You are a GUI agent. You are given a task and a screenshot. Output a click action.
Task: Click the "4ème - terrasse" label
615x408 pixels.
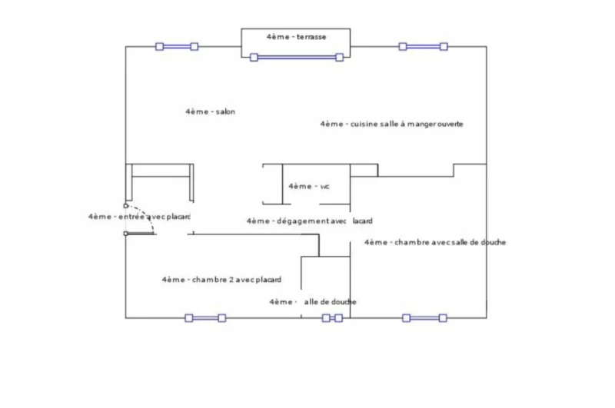coord(296,37)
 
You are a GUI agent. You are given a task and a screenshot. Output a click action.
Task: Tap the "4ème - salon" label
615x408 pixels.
coord(210,112)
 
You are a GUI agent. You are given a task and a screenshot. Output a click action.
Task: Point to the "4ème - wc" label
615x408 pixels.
coord(309,186)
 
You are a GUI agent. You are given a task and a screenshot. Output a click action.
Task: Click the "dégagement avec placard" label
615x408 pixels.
coord(309,221)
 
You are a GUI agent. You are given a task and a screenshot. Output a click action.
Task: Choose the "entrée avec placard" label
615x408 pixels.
coord(139,217)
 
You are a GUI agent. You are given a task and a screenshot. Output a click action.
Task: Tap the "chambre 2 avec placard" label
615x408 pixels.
coord(221,280)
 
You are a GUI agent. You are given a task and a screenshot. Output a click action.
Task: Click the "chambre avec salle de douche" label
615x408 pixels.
coord(434,243)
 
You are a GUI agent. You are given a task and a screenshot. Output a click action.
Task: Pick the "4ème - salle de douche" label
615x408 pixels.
coord(312,302)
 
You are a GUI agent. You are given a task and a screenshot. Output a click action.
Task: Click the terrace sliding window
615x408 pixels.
coord(296,57)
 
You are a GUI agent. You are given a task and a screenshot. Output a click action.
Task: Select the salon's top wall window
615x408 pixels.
coord(177,46)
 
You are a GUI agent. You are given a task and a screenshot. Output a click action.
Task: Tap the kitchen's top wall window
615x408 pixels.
coord(424,46)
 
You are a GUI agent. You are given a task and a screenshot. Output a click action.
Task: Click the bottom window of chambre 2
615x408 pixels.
coord(204,318)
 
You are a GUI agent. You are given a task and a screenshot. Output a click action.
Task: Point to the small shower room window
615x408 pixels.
coord(332,318)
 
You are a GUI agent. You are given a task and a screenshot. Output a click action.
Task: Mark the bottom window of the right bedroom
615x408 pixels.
coord(424,318)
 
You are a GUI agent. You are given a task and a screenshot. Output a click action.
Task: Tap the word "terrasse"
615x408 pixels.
coord(311,37)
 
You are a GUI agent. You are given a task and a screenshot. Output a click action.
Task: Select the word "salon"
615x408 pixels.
coord(225,112)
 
